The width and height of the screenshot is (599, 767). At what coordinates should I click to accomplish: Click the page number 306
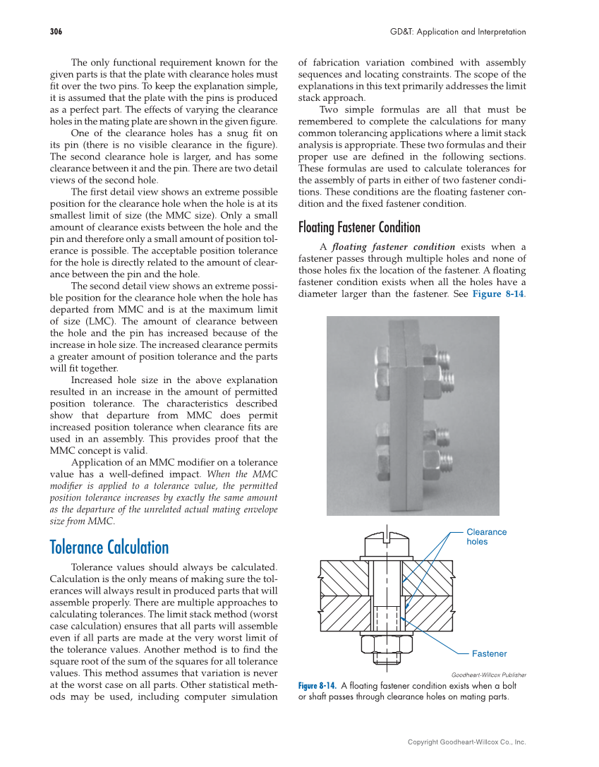pyautogui.click(x=56, y=32)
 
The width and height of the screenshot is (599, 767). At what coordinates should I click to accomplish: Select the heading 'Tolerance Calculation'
pyautogui.click(x=109, y=548)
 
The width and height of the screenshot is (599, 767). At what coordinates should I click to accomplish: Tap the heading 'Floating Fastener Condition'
pyautogui.click(x=359, y=227)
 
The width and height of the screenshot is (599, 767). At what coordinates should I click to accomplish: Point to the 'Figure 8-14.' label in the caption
pyautogui.click(x=317, y=686)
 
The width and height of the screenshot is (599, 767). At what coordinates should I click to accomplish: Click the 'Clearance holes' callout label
pyautogui.click(x=486, y=537)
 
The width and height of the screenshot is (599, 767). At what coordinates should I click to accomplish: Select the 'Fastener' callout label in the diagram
pyautogui.click(x=489, y=653)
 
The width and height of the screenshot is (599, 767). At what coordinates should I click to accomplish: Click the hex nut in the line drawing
pyautogui.click(x=387, y=645)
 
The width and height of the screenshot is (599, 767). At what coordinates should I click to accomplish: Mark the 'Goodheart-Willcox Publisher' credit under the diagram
pyautogui.click(x=488, y=675)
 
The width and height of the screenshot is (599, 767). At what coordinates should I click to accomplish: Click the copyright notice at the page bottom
pyautogui.click(x=466, y=742)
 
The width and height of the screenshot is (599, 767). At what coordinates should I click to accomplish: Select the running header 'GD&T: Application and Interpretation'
pyautogui.click(x=458, y=32)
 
